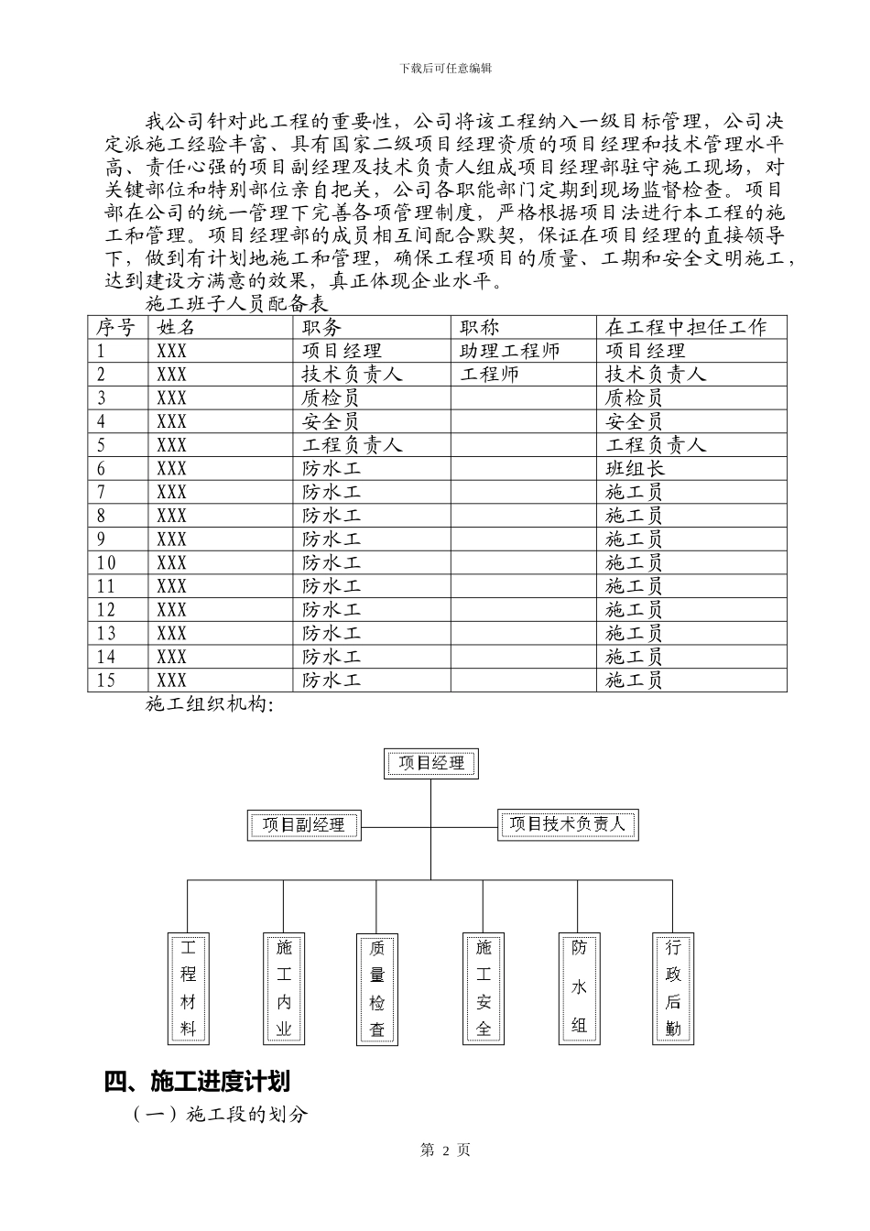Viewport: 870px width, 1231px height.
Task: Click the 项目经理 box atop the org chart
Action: click(x=431, y=763)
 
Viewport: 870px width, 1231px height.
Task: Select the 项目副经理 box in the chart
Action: click(x=304, y=824)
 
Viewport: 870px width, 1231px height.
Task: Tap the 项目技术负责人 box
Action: click(x=568, y=824)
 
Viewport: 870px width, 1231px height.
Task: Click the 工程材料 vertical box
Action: click(x=188, y=988)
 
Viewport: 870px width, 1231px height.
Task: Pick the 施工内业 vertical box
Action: click(x=284, y=988)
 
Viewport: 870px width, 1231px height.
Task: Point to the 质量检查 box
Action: click(x=377, y=988)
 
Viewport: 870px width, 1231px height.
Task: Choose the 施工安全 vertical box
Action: click(x=484, y=988)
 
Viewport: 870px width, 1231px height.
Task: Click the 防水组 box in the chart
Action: click(x=579, y=988)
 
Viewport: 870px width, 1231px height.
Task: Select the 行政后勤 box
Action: click(x=673, y=988)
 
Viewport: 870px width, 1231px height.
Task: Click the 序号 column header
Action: click(x=117, y=327)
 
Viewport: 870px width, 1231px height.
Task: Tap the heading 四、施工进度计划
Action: click(x=197, y=1082)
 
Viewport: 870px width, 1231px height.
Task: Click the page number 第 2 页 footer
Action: click(x=445, y=1150)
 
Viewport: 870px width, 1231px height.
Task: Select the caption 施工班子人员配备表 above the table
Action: click(x=237, y=302)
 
